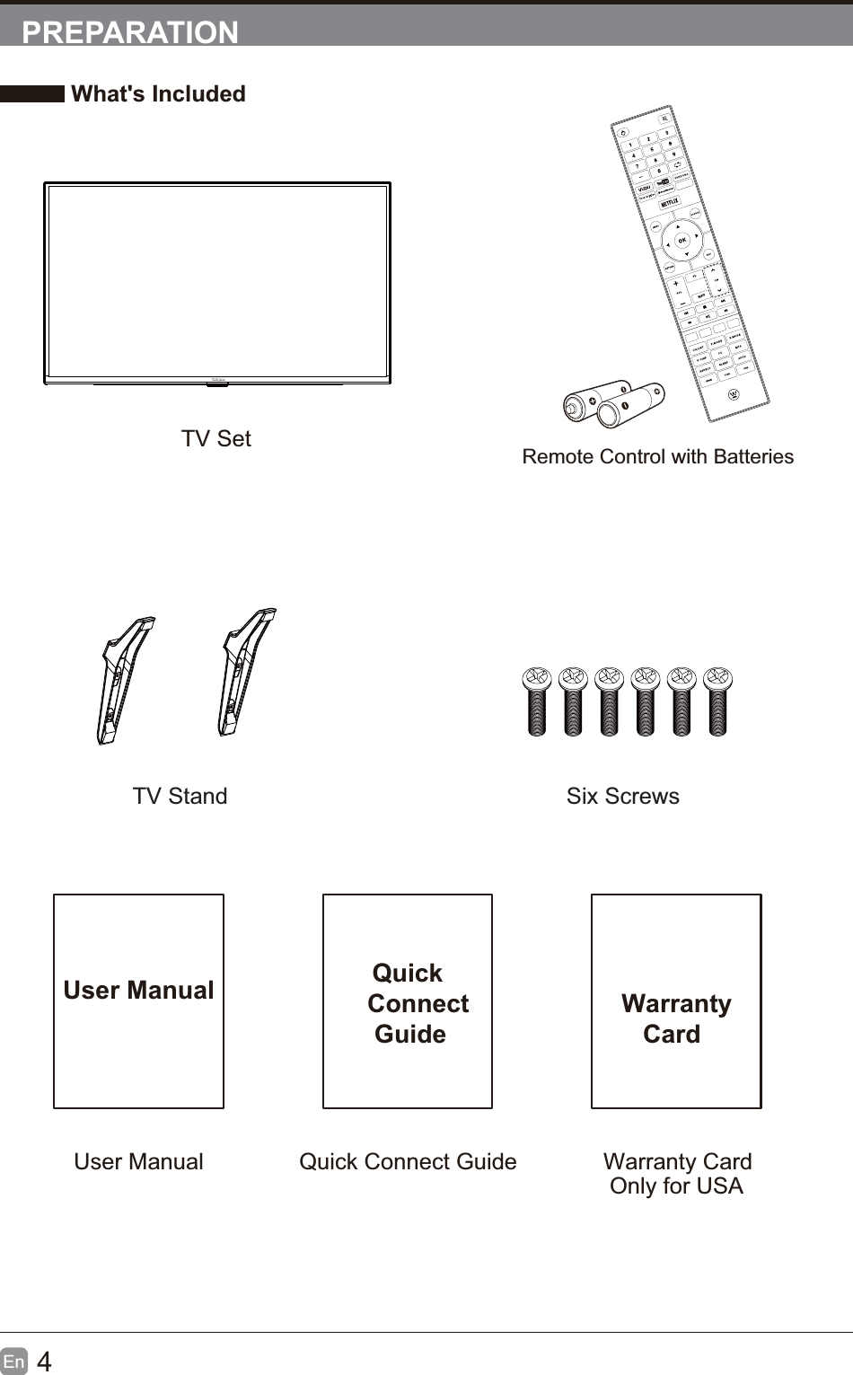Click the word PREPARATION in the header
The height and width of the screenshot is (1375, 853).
click(x=130, y=31)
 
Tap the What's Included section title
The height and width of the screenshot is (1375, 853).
click(x=158, y=93)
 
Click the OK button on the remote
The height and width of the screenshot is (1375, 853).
click(x=682, y=240)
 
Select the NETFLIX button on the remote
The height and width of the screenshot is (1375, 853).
click(x=670, y=204)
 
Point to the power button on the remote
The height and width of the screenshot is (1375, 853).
click(x=624, y=131)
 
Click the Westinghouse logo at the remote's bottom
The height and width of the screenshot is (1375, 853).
click(x=734, y=393)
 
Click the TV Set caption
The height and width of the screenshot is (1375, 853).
click(x=215, y=438)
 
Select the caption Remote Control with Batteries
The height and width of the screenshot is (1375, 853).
click(x=657, y=456)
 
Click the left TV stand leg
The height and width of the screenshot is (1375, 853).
click(x=123, y=678)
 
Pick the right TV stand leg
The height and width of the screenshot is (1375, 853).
click(x=244, y=671)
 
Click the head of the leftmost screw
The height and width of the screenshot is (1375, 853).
click(x=537, y=678)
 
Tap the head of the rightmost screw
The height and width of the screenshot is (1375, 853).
click(x=718, y=678)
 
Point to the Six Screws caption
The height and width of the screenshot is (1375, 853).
click(x=622, y=796)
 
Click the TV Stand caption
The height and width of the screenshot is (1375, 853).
click(x=180, y=796)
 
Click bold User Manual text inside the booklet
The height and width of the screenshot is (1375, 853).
click(x=138, y=990)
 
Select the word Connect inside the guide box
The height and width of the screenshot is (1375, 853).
click(x=418, y=1003)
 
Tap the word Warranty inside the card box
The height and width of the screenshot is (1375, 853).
click(x=676, y=1003)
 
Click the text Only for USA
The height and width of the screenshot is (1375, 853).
click(x=676, y=1185)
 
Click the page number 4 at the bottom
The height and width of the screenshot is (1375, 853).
click(x=44, y=1362)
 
